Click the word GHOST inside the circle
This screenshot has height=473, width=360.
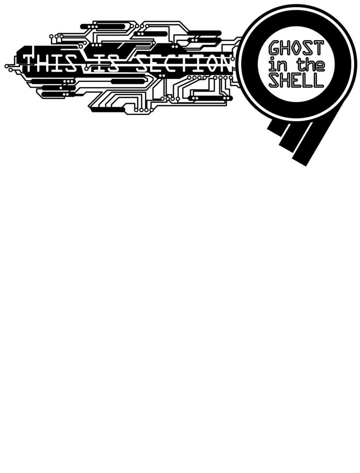pos(296,48)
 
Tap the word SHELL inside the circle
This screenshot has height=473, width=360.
pos(296,80)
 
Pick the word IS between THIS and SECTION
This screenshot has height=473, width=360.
pos(106,63)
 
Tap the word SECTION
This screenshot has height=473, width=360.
pos(183,63)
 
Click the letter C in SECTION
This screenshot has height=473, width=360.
pos(169,63)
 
